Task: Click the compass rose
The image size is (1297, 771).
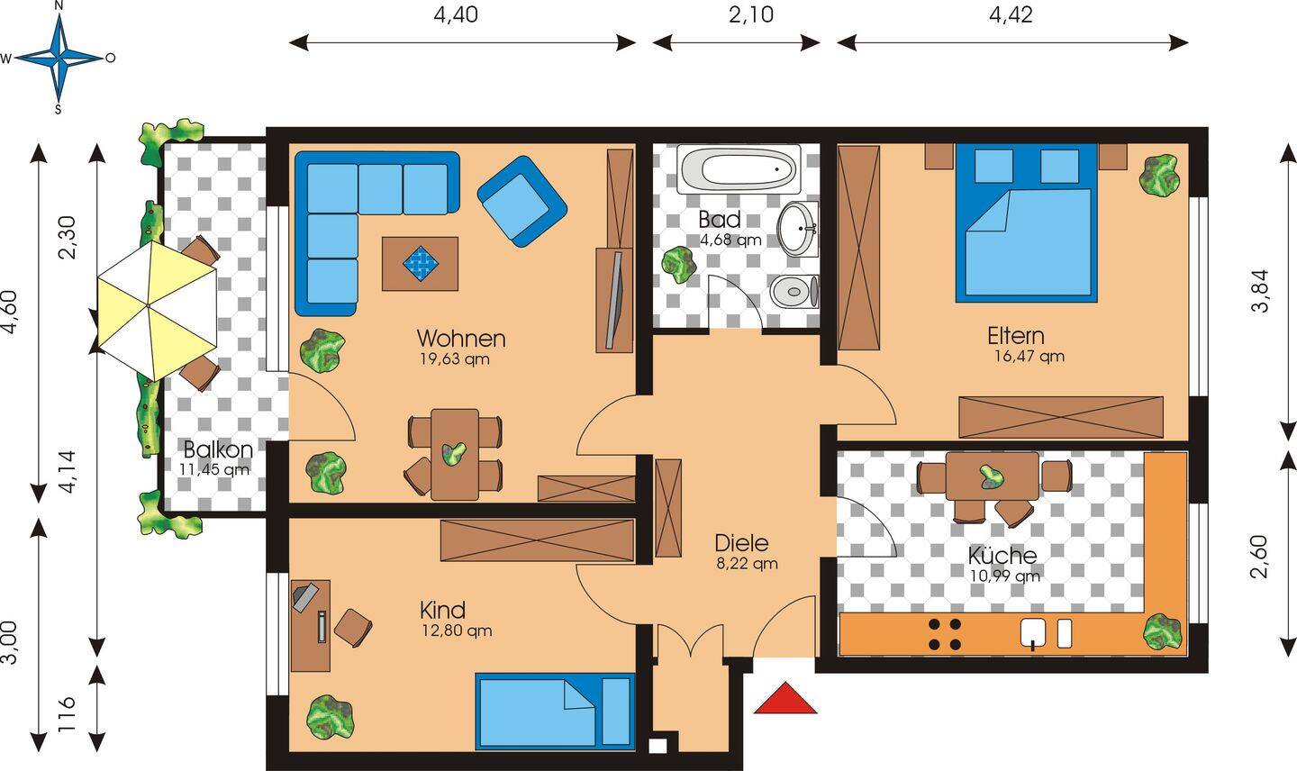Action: coord(59,58)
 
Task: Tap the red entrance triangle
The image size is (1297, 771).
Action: coord(785,698)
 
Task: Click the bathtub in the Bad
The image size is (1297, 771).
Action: coord(739,168)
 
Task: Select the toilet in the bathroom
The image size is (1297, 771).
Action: coord(794,291)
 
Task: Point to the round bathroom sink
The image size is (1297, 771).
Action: coord(798,229)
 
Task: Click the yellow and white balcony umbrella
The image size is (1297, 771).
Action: coord(157,310)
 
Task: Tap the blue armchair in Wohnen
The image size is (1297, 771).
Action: coord(522,201)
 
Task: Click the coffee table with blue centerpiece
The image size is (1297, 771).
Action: coord(420,263)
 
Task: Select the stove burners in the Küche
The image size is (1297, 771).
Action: coord(945,634)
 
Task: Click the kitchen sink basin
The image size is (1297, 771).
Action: coord(1033,632)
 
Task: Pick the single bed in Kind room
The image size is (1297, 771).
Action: coord(554,712)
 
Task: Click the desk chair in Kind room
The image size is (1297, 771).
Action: coord(353,627)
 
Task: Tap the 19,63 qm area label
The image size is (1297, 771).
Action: coord(455,359)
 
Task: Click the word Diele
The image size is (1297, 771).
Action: coord(742,543)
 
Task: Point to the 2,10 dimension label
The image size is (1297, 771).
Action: coord(751,14)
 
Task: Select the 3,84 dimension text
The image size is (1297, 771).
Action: coord(1261,291)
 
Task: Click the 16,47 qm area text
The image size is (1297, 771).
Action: coord(1029,357)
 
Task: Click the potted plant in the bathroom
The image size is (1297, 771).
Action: coord(678,265)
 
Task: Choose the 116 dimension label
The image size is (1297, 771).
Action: coord(68,713)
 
